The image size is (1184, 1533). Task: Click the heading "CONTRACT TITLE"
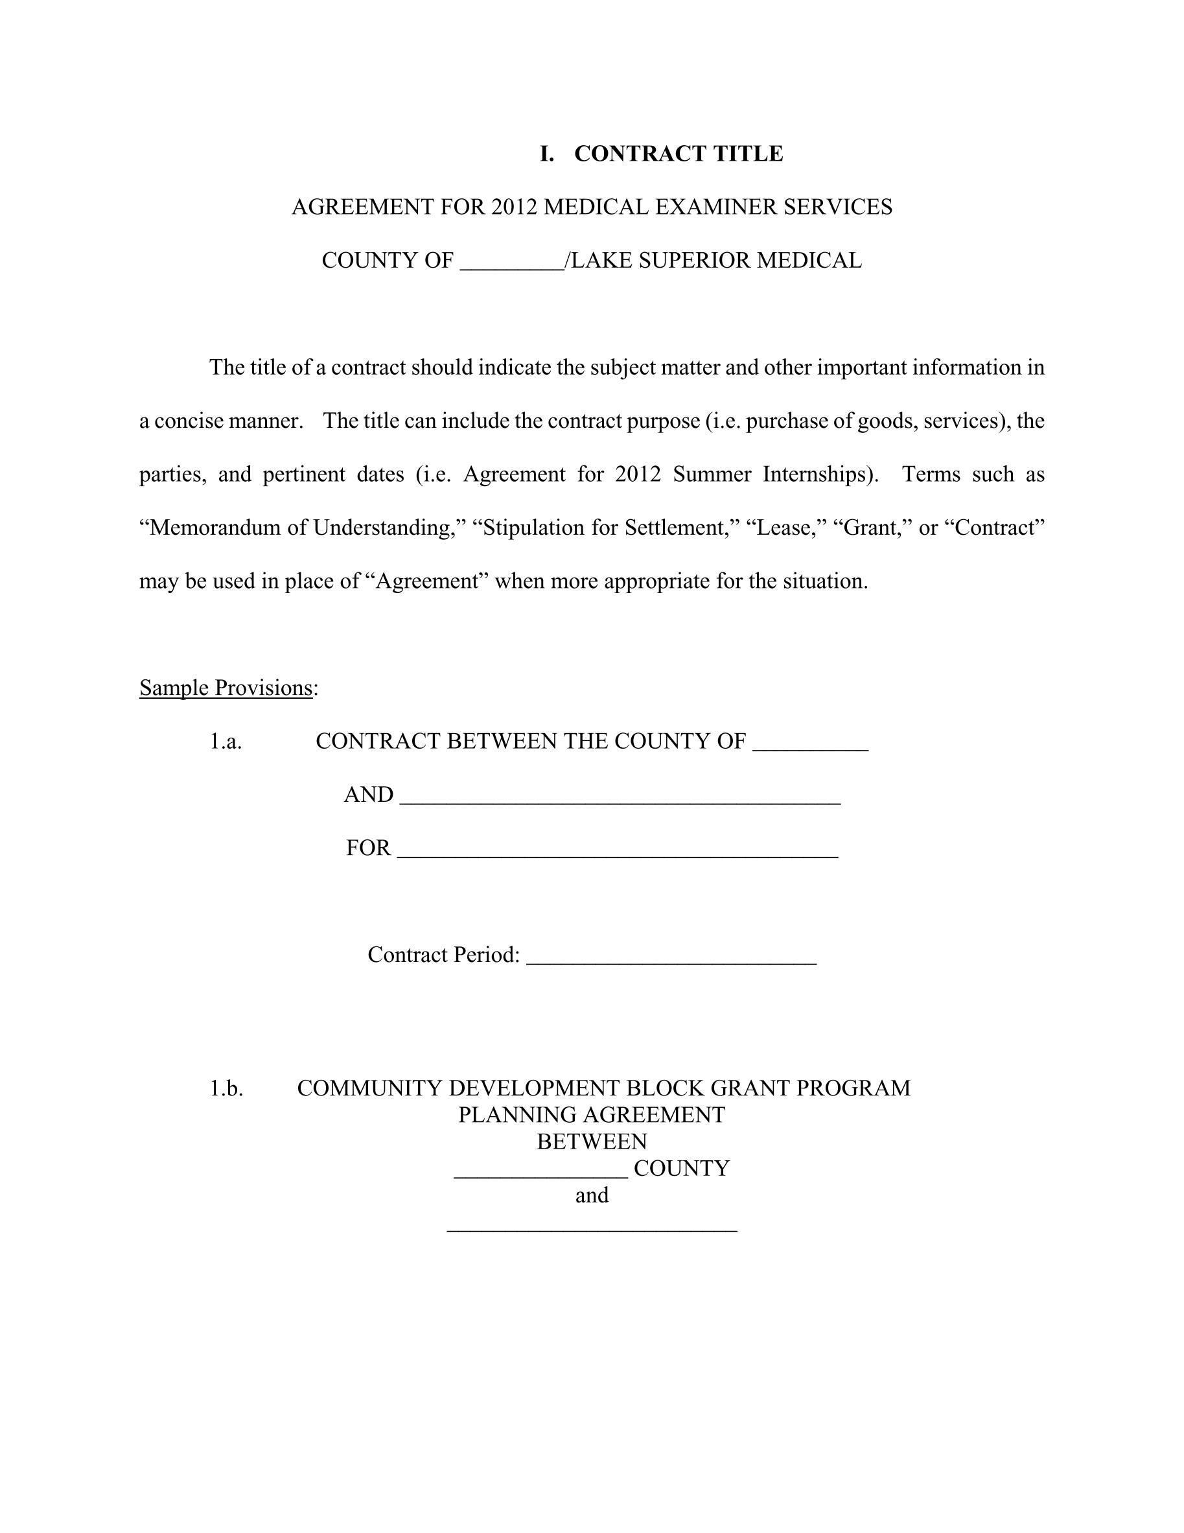click(x=678, y=154)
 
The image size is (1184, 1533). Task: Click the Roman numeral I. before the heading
click(x=546, y=154)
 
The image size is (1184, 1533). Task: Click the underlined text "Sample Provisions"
click(x=226, y=688)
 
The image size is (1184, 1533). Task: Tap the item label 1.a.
click(x=226, y=742)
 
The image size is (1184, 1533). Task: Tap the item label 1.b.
click(x=226, y=1088)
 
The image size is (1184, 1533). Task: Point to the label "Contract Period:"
click(x=443, y=955)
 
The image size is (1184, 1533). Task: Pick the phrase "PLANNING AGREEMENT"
click(x=592, y=1115)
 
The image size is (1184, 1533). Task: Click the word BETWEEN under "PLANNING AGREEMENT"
click(x=592, y=1141)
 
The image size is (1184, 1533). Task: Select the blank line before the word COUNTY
click(x=540, y=1174)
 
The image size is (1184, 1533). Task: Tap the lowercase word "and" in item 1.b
click(x=592, y=1195)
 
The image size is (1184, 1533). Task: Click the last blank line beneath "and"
click(x=592, y=1227)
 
